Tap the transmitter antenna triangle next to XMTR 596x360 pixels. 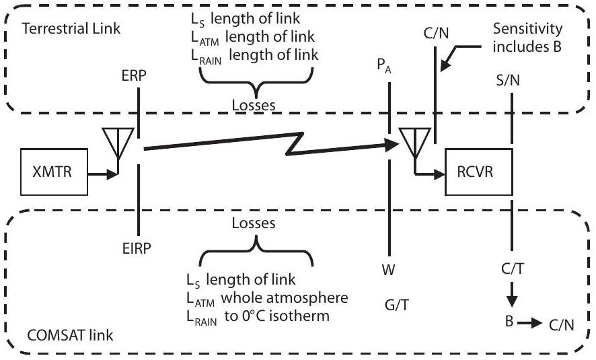[118, 142]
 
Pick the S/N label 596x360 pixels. [511, 81]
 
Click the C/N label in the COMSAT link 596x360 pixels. [560, 326]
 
